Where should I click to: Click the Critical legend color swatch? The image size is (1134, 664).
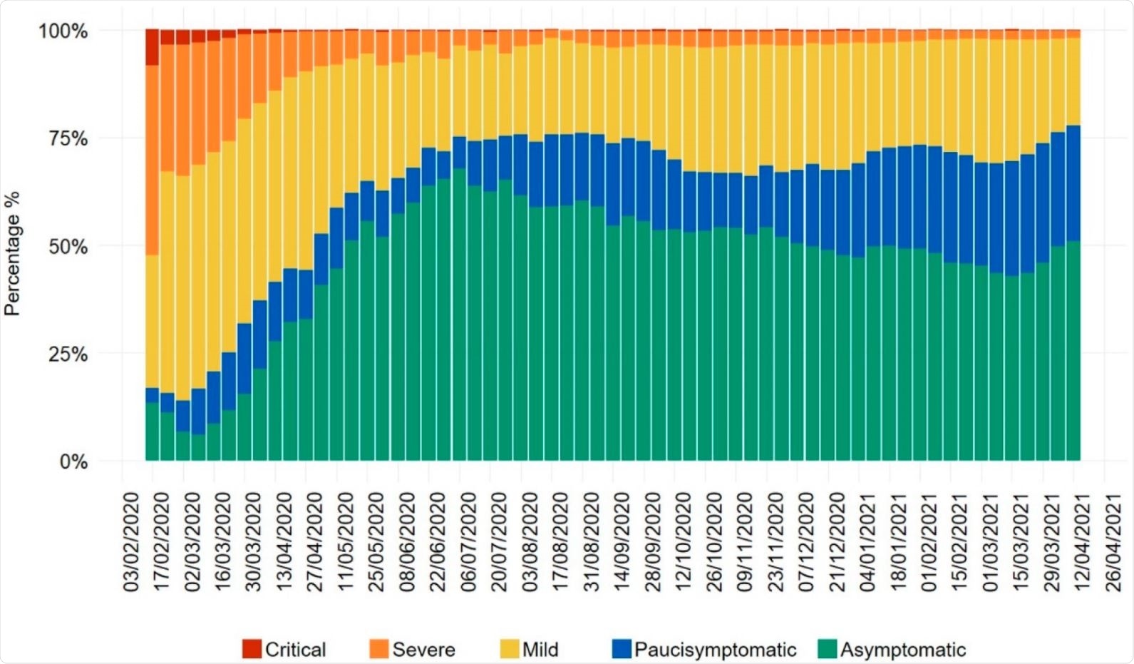(x=252, y=649)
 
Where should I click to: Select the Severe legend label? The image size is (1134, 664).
(x=423, y=650)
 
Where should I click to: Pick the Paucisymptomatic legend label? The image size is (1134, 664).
(x=715, y=650)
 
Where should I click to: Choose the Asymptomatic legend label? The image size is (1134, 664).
(x=902, y=650)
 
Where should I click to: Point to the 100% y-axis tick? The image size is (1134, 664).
(x=63, y=31)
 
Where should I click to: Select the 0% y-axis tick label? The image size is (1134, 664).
(x=73, y=462)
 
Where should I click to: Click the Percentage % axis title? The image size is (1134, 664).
(x=12, y=253)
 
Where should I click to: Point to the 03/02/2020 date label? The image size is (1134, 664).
(x=131, y=541)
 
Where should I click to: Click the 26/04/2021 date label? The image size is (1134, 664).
(x=1113, y=541)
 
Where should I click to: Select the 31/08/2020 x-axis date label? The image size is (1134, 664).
(x=592, y=541)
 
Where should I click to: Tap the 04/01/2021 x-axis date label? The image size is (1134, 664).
(x=867, y=541)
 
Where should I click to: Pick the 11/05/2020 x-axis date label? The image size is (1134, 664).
(x=346, y=541)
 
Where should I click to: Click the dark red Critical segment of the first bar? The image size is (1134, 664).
(x=152, y=47)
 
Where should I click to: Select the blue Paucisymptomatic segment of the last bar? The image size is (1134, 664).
(x=1073, y=183)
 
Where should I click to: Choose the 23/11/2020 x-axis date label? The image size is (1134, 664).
(x=775, y=541)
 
